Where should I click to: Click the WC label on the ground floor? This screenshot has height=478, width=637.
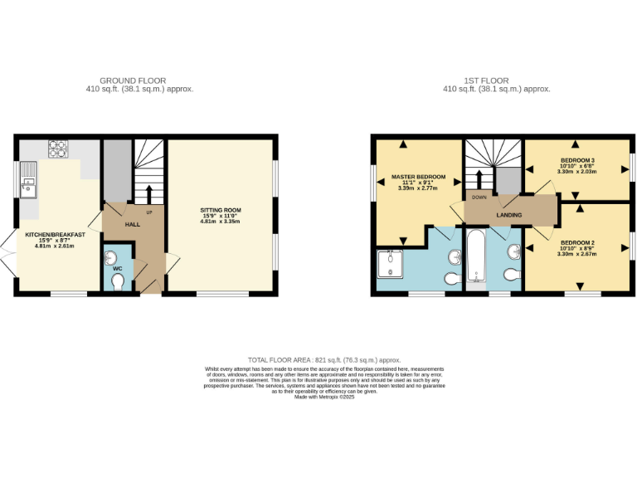coord(117,269)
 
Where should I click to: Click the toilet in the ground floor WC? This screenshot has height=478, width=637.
coord(117,284)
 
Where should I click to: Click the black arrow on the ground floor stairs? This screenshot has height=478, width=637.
coord(149,193)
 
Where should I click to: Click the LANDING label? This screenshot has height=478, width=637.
coord(508,215)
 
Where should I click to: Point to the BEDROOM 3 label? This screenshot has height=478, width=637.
coord(578,160)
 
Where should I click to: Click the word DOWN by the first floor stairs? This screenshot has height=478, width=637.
coord(479,198)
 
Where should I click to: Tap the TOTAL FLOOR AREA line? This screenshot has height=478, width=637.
coord(318,360)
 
